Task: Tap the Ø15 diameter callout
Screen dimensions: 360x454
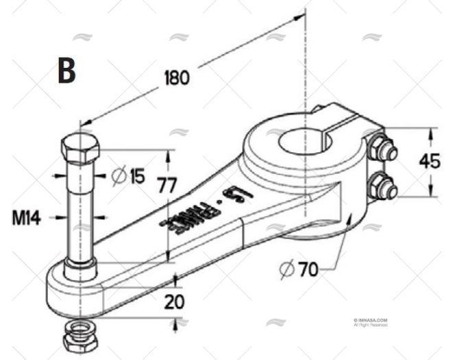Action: pyautogui.click(x=129, y=176)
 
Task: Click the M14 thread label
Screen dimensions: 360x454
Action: pyautogui.click(x=26, y=219)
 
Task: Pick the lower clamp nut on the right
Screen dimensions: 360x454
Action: pyautogui.click(x=382, y=186)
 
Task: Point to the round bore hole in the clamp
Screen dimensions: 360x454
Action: pyautogui.click(x=304, y=142)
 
